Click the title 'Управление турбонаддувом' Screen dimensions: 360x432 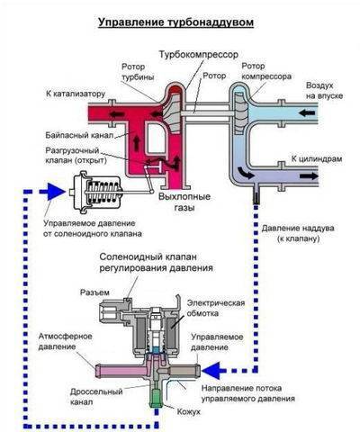point(176,22)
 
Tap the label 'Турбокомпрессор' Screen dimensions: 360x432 point(198,55)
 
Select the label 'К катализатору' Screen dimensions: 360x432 point(76,94)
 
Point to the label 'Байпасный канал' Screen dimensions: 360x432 point(79,135)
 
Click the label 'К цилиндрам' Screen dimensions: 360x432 point(317,158)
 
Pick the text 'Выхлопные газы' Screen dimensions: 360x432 point(184,202)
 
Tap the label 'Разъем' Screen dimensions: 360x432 point(94,292)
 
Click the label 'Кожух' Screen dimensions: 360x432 point(188,412)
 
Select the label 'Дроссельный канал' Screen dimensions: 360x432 point(96,397)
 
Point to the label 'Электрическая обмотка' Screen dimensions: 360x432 point(216,308)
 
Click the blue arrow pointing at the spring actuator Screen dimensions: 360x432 point(52,191)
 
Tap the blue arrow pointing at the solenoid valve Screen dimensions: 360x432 point(214,371)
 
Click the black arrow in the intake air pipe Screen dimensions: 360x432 point(307,113)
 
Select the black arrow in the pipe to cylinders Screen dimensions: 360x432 point(309,175)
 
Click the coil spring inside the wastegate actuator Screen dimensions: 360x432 point(103,192)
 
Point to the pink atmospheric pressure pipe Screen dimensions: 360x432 point(121,371)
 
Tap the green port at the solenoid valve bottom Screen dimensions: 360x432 point(157,398)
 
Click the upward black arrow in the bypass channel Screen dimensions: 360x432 point(137,141)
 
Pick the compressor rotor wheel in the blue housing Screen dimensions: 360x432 point(241,113)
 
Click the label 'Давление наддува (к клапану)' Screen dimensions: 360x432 point(298,233)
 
